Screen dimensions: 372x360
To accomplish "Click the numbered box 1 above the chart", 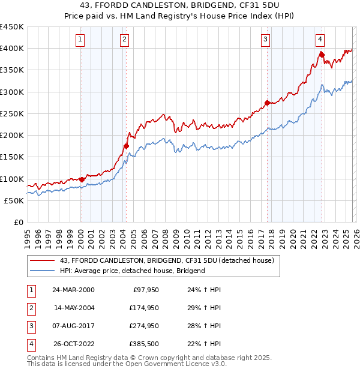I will (80, 40).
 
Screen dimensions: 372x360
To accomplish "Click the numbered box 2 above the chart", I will (124, 40).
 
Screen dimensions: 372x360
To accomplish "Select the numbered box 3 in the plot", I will (265, 40).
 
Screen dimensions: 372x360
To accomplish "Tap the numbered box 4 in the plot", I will (320, 40).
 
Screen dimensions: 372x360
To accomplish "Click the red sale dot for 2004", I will (127, 146).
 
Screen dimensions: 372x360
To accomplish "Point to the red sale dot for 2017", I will (267, 102).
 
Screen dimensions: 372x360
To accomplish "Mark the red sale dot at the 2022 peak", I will (322, 54).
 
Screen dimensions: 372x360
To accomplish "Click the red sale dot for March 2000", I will (82, 179).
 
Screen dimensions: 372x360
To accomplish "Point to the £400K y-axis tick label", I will (12, 49).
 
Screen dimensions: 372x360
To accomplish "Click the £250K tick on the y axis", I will (12, 114).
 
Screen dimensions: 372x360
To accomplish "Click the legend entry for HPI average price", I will (132, 271).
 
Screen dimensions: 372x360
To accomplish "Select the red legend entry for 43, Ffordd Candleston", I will (167, 260).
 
